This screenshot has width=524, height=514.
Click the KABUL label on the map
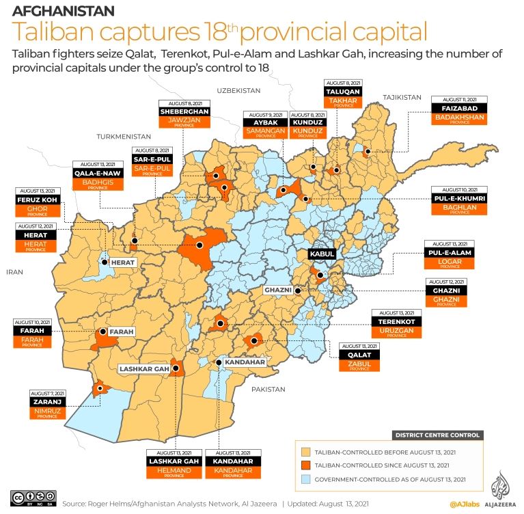pyautogui.click(x=322, y=254)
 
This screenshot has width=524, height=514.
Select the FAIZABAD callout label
pyautogui.click(x=458, y=107)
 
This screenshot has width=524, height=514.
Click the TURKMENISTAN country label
pyautogui.click(x=123, y=136)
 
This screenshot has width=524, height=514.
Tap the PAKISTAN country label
pyautogui.click(x=268, y=389)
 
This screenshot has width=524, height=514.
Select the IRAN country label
pyautogui.click(x=15, y=271)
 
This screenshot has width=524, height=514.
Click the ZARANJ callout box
pyautogui.click(x=47, y=403)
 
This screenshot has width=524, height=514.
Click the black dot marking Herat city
pyautogui.click(x=105, y=262)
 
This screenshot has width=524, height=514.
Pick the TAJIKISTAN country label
pyautogui.click(x=402, y=97)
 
